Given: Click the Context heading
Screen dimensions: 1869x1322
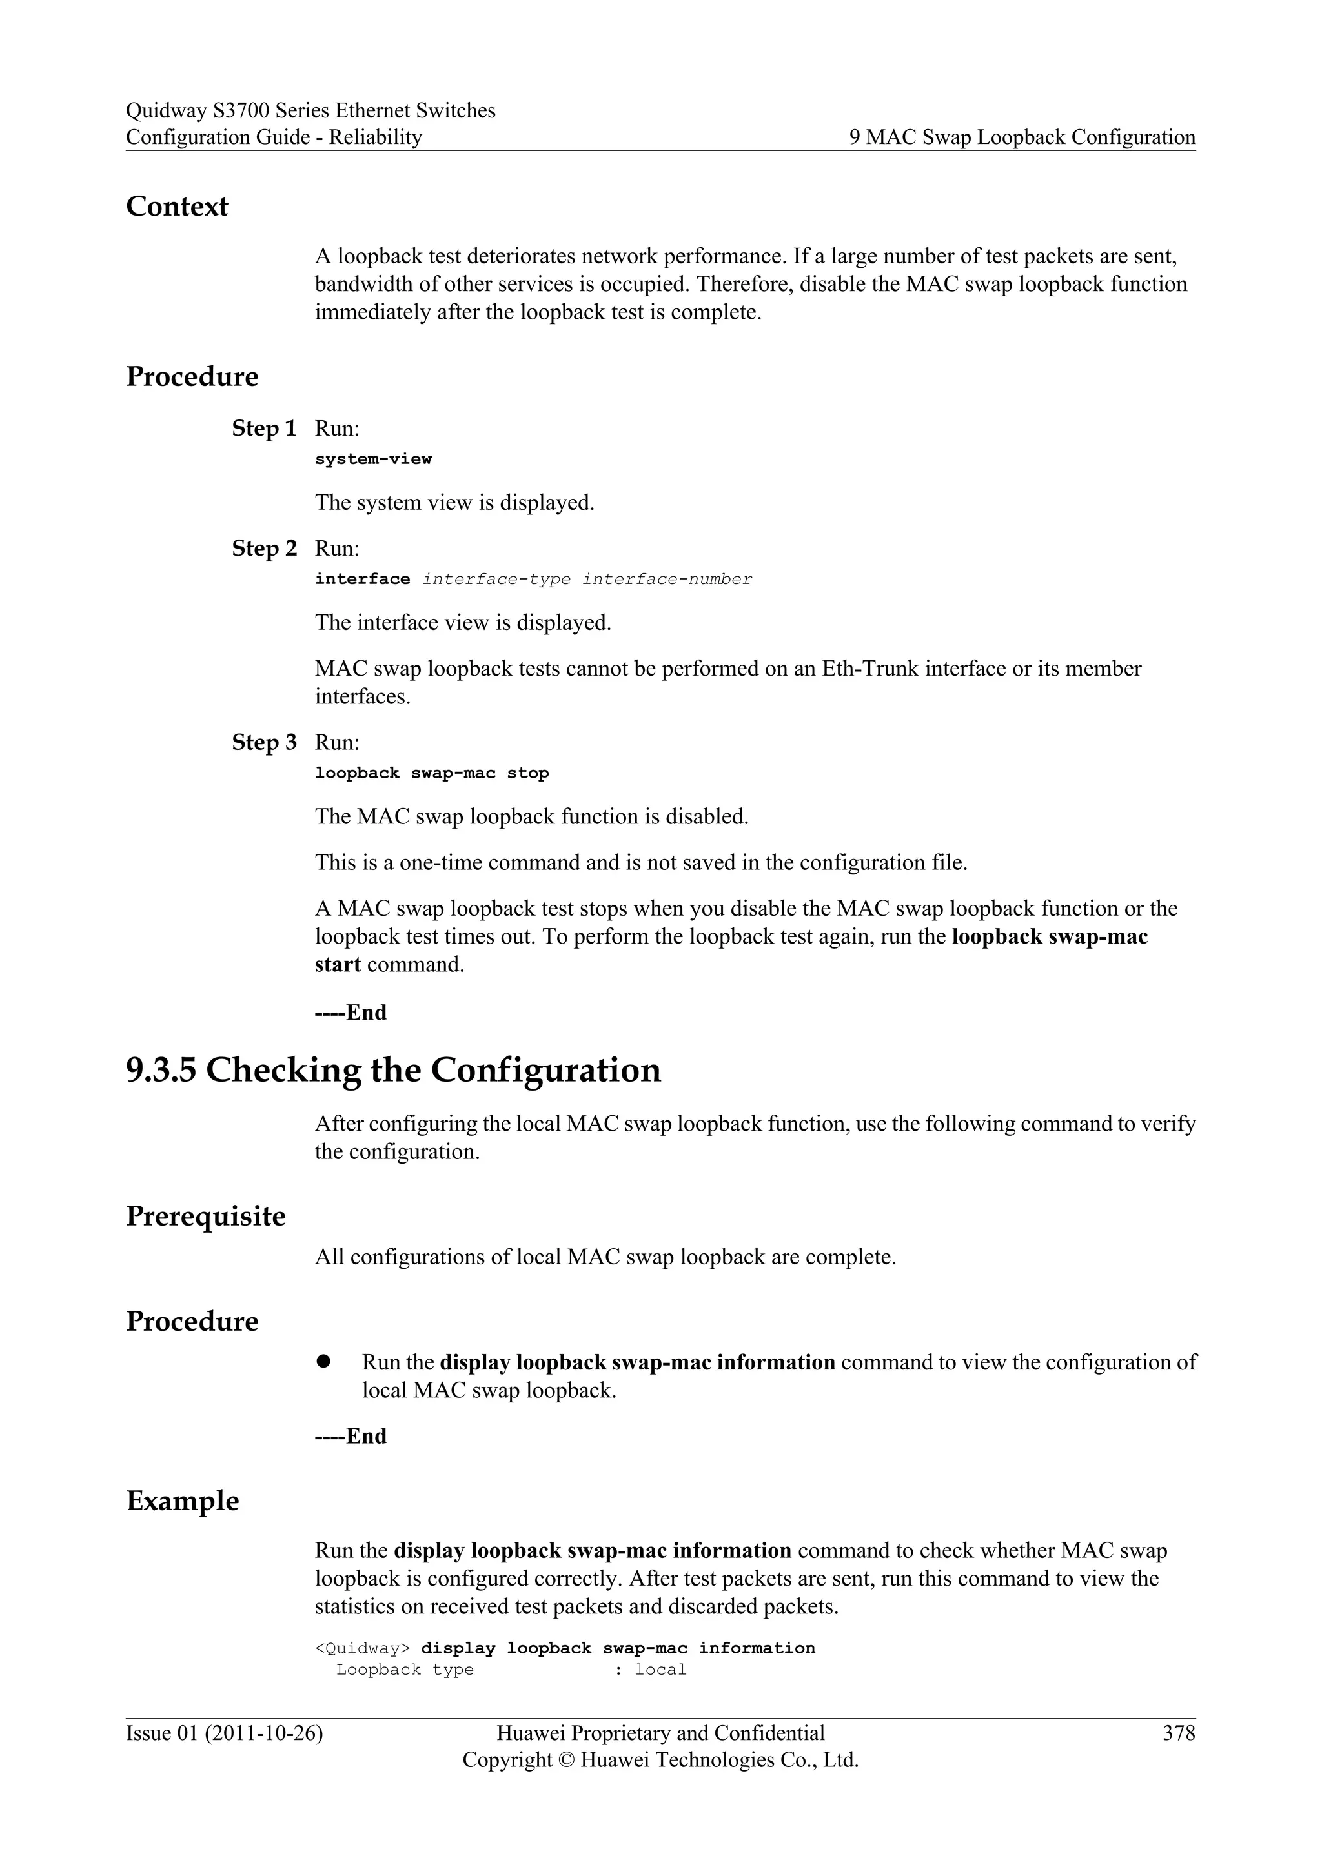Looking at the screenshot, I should [177, 207].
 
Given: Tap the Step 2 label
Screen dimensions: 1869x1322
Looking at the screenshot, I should [264, 548].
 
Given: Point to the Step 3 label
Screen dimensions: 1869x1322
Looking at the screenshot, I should [264, 742].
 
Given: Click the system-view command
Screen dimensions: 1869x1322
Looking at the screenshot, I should [373, 459].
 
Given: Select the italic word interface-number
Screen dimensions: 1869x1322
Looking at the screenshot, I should [667, 580].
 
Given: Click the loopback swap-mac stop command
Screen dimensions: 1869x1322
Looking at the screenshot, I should [431, 773].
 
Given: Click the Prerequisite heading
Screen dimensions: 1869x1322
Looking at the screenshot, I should [206, 1216].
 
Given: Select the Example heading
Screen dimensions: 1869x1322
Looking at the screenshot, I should [182, 1501].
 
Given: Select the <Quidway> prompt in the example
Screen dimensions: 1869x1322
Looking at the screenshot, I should [362, 1648].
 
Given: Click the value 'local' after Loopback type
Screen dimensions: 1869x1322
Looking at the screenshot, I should [660, 1670].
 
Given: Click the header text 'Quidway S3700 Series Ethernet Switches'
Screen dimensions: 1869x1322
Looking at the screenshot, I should [310, 111].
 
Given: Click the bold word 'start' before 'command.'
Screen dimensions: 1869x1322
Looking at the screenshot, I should [337, 965].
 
